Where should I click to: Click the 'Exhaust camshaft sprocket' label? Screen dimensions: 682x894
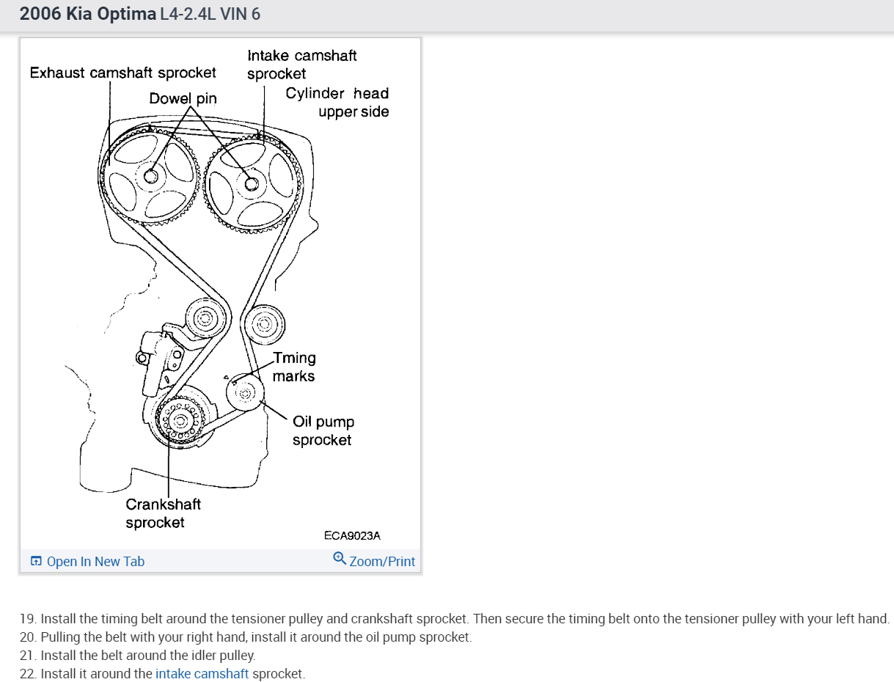[x=123, y=73]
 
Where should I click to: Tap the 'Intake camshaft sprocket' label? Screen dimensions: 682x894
[x=301, y=65]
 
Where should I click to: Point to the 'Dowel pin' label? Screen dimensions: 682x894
[x=183, y=98]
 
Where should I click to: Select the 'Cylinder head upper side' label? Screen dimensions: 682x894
[x=337, y=103]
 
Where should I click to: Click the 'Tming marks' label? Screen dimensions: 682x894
[x=294, y=367]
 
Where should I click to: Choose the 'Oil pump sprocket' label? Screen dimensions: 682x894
[x=323, y=430]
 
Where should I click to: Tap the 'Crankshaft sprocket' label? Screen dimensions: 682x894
[x=163, y=513]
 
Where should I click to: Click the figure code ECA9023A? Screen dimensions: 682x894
[x=352, y=535]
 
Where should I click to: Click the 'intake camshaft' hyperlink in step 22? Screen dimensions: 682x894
[x=202, y=673]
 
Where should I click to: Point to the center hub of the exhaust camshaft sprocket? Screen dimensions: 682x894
[x=152, y=176]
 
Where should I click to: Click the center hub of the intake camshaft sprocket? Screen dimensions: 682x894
[x=252, y=184]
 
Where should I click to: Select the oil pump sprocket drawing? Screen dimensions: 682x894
[x=245, y=393]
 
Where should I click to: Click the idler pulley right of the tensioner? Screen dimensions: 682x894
[x=264, y=323]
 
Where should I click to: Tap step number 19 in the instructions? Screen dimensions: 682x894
[x=28, y=619]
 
